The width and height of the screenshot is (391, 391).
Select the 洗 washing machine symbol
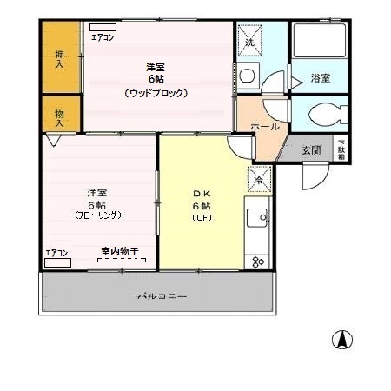249,41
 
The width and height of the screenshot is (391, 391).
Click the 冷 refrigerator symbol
258,180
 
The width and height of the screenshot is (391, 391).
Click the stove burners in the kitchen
257,260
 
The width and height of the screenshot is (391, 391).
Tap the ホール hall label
264,127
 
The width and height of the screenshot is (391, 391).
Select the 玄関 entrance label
310,149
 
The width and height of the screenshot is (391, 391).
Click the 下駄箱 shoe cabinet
341,149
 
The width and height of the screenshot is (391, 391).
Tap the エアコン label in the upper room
103,37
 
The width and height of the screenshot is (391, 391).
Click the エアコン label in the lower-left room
56,254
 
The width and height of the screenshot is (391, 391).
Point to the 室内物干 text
119,251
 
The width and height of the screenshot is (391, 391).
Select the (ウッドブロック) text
156,92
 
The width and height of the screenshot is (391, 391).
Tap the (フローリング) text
97,215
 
